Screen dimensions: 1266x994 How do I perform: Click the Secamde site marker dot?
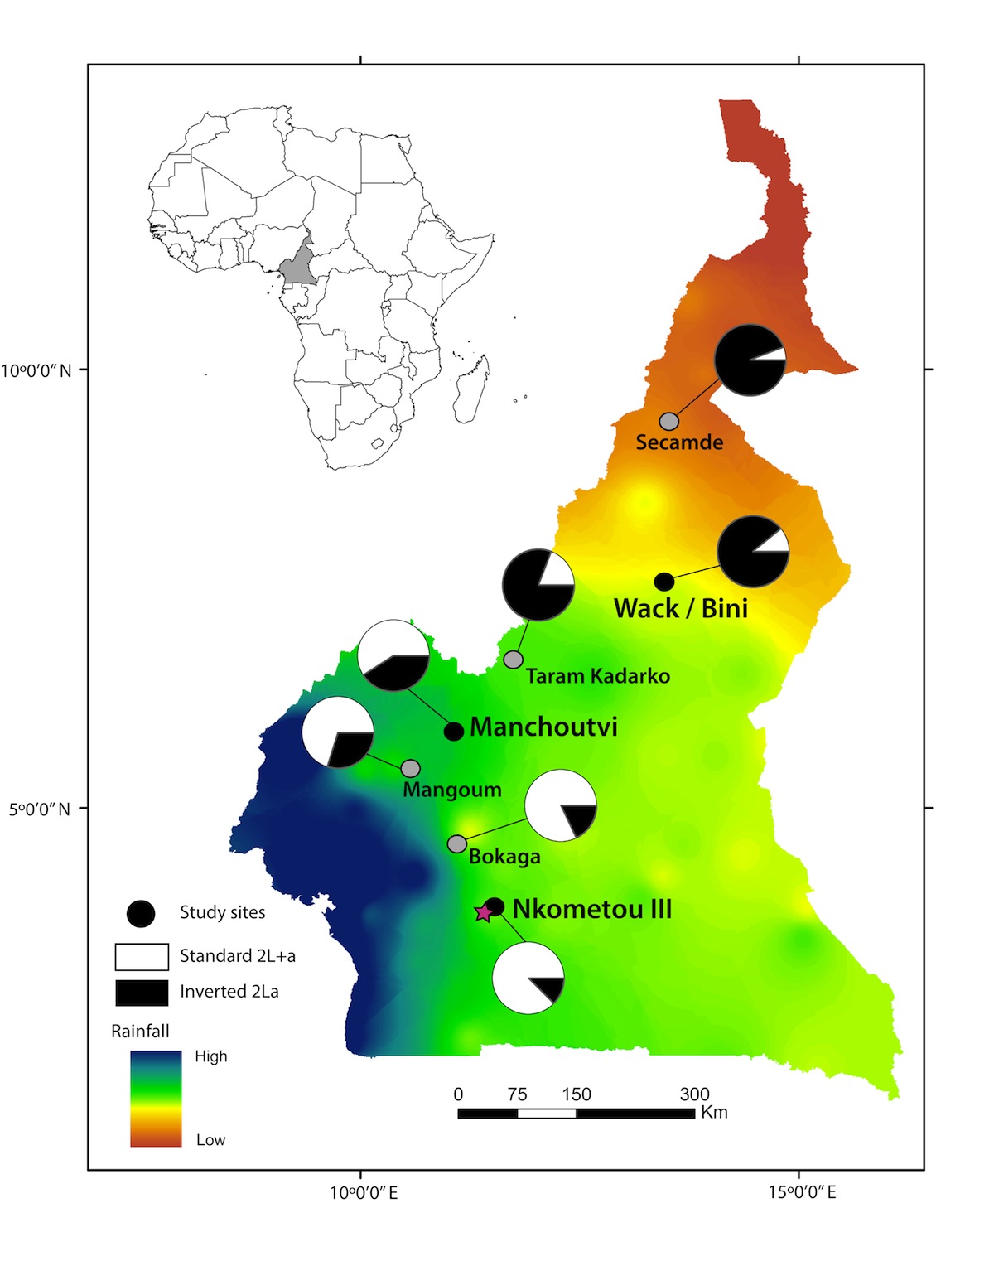669,422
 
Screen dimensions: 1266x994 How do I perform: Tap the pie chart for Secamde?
750,360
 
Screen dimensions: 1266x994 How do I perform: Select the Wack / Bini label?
681,608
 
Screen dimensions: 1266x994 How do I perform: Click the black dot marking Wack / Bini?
664,582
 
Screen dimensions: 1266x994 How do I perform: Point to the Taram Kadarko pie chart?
538,585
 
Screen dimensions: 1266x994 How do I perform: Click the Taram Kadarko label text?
597,676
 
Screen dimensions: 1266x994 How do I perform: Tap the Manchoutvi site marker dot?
454,732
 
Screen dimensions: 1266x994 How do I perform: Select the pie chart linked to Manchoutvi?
393,655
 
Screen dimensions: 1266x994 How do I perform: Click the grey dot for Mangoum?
411,769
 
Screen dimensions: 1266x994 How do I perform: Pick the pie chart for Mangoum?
338,732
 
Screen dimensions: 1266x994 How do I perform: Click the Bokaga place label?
504,857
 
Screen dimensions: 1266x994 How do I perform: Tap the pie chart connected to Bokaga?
561,805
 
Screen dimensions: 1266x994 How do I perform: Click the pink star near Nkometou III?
483,912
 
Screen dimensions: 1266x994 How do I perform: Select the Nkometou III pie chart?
528,978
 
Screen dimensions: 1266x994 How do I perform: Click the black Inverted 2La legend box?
142,992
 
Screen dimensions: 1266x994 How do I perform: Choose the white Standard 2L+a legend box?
142,956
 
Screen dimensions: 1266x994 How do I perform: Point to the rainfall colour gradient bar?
156,1099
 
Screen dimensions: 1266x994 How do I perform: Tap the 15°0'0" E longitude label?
802,1193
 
